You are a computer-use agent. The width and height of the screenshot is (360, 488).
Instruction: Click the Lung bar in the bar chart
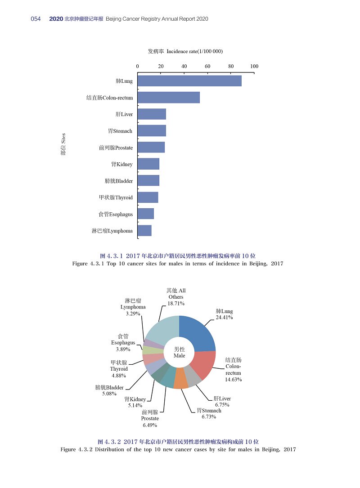[x=189, y=81]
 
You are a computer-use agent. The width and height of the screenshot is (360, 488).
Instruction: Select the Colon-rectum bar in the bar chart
[x=169, y=97]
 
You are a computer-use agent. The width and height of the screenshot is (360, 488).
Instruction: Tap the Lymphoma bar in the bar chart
[x=144, y=231]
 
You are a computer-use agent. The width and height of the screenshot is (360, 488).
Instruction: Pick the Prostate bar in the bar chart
[x=151, y=147]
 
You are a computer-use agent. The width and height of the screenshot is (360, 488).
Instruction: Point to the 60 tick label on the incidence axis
[x=207, y=66]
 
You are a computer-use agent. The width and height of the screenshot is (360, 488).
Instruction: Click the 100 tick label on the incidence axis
[x=254, y=66]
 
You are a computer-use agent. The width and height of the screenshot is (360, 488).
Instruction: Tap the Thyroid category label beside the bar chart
[x=116, y=197]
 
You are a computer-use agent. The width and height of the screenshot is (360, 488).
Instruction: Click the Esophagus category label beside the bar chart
[x=116, y=214]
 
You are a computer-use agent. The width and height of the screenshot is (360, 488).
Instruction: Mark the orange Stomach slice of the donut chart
[x=180, y=379]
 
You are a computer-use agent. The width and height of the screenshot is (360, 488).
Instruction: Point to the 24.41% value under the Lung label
[x=224, y=318]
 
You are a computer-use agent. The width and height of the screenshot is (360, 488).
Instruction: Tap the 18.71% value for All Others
[x=176, y=304]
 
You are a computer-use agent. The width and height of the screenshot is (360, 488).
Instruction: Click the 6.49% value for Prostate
[x=150, y=425]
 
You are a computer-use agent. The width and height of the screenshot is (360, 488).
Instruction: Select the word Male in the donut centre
[x=179, y=356]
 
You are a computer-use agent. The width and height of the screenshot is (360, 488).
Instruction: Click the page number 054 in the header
[x=36, y=19]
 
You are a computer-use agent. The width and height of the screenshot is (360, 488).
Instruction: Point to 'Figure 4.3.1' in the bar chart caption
[x=88, y=264]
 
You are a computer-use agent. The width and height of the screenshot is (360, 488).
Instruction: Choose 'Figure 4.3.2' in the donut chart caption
[x=76, y=449]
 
